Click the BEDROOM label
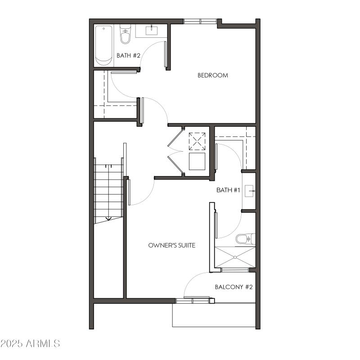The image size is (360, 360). pos(213,75)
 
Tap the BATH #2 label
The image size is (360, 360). pos(129,56)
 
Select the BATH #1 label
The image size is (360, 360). pos(229,190)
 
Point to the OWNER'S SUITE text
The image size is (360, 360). pos(171,245)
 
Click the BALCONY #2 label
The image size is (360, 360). pos(234,287)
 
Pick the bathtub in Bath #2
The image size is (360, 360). pos(104,45)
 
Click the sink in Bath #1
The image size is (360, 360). pos(250,191)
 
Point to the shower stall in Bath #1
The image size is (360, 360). pos(235,257)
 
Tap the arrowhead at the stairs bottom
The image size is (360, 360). pos(108,219)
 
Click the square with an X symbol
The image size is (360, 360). pos(197,141)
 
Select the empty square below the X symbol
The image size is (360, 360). pos(197,161)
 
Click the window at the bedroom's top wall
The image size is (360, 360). pos(200,21)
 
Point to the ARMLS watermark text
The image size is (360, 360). pos(43,343)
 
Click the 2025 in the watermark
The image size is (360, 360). pos(12,343)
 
